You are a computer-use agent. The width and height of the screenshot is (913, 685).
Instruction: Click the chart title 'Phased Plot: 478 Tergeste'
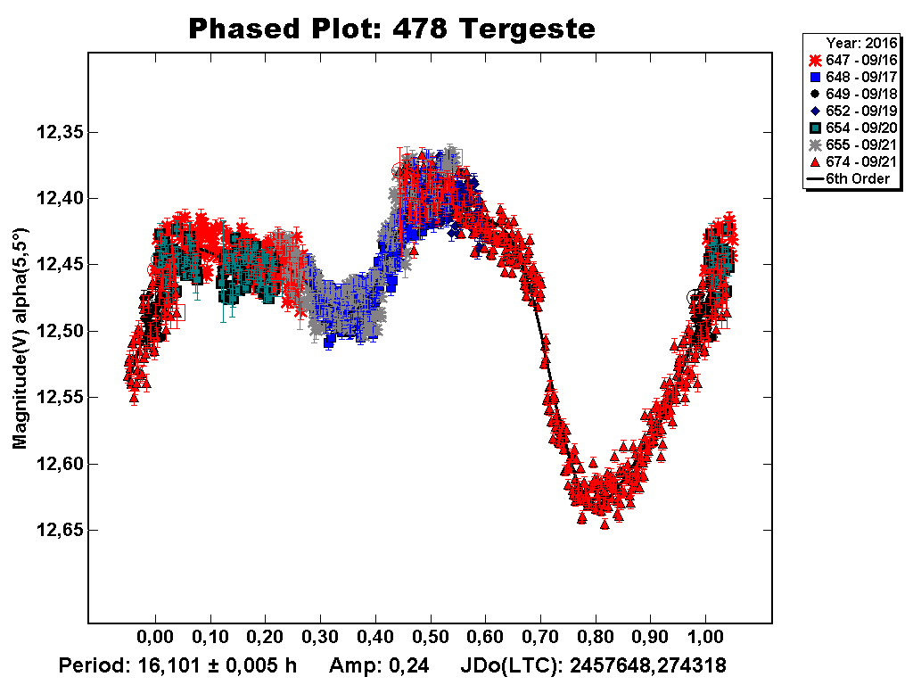tap(391, 29)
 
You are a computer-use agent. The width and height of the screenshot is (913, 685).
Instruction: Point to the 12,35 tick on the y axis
tap(60, 133)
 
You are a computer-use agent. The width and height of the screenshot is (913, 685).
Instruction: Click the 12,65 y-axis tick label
tap(60, 531)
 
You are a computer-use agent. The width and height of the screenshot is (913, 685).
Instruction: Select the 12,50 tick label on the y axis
tap(60, 332)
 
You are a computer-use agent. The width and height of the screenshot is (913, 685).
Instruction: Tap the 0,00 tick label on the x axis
tap(155, 640)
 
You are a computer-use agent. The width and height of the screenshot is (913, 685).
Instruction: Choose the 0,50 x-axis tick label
tap(431, 640)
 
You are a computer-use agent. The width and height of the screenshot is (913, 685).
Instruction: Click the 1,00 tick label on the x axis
tap(706, 640)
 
